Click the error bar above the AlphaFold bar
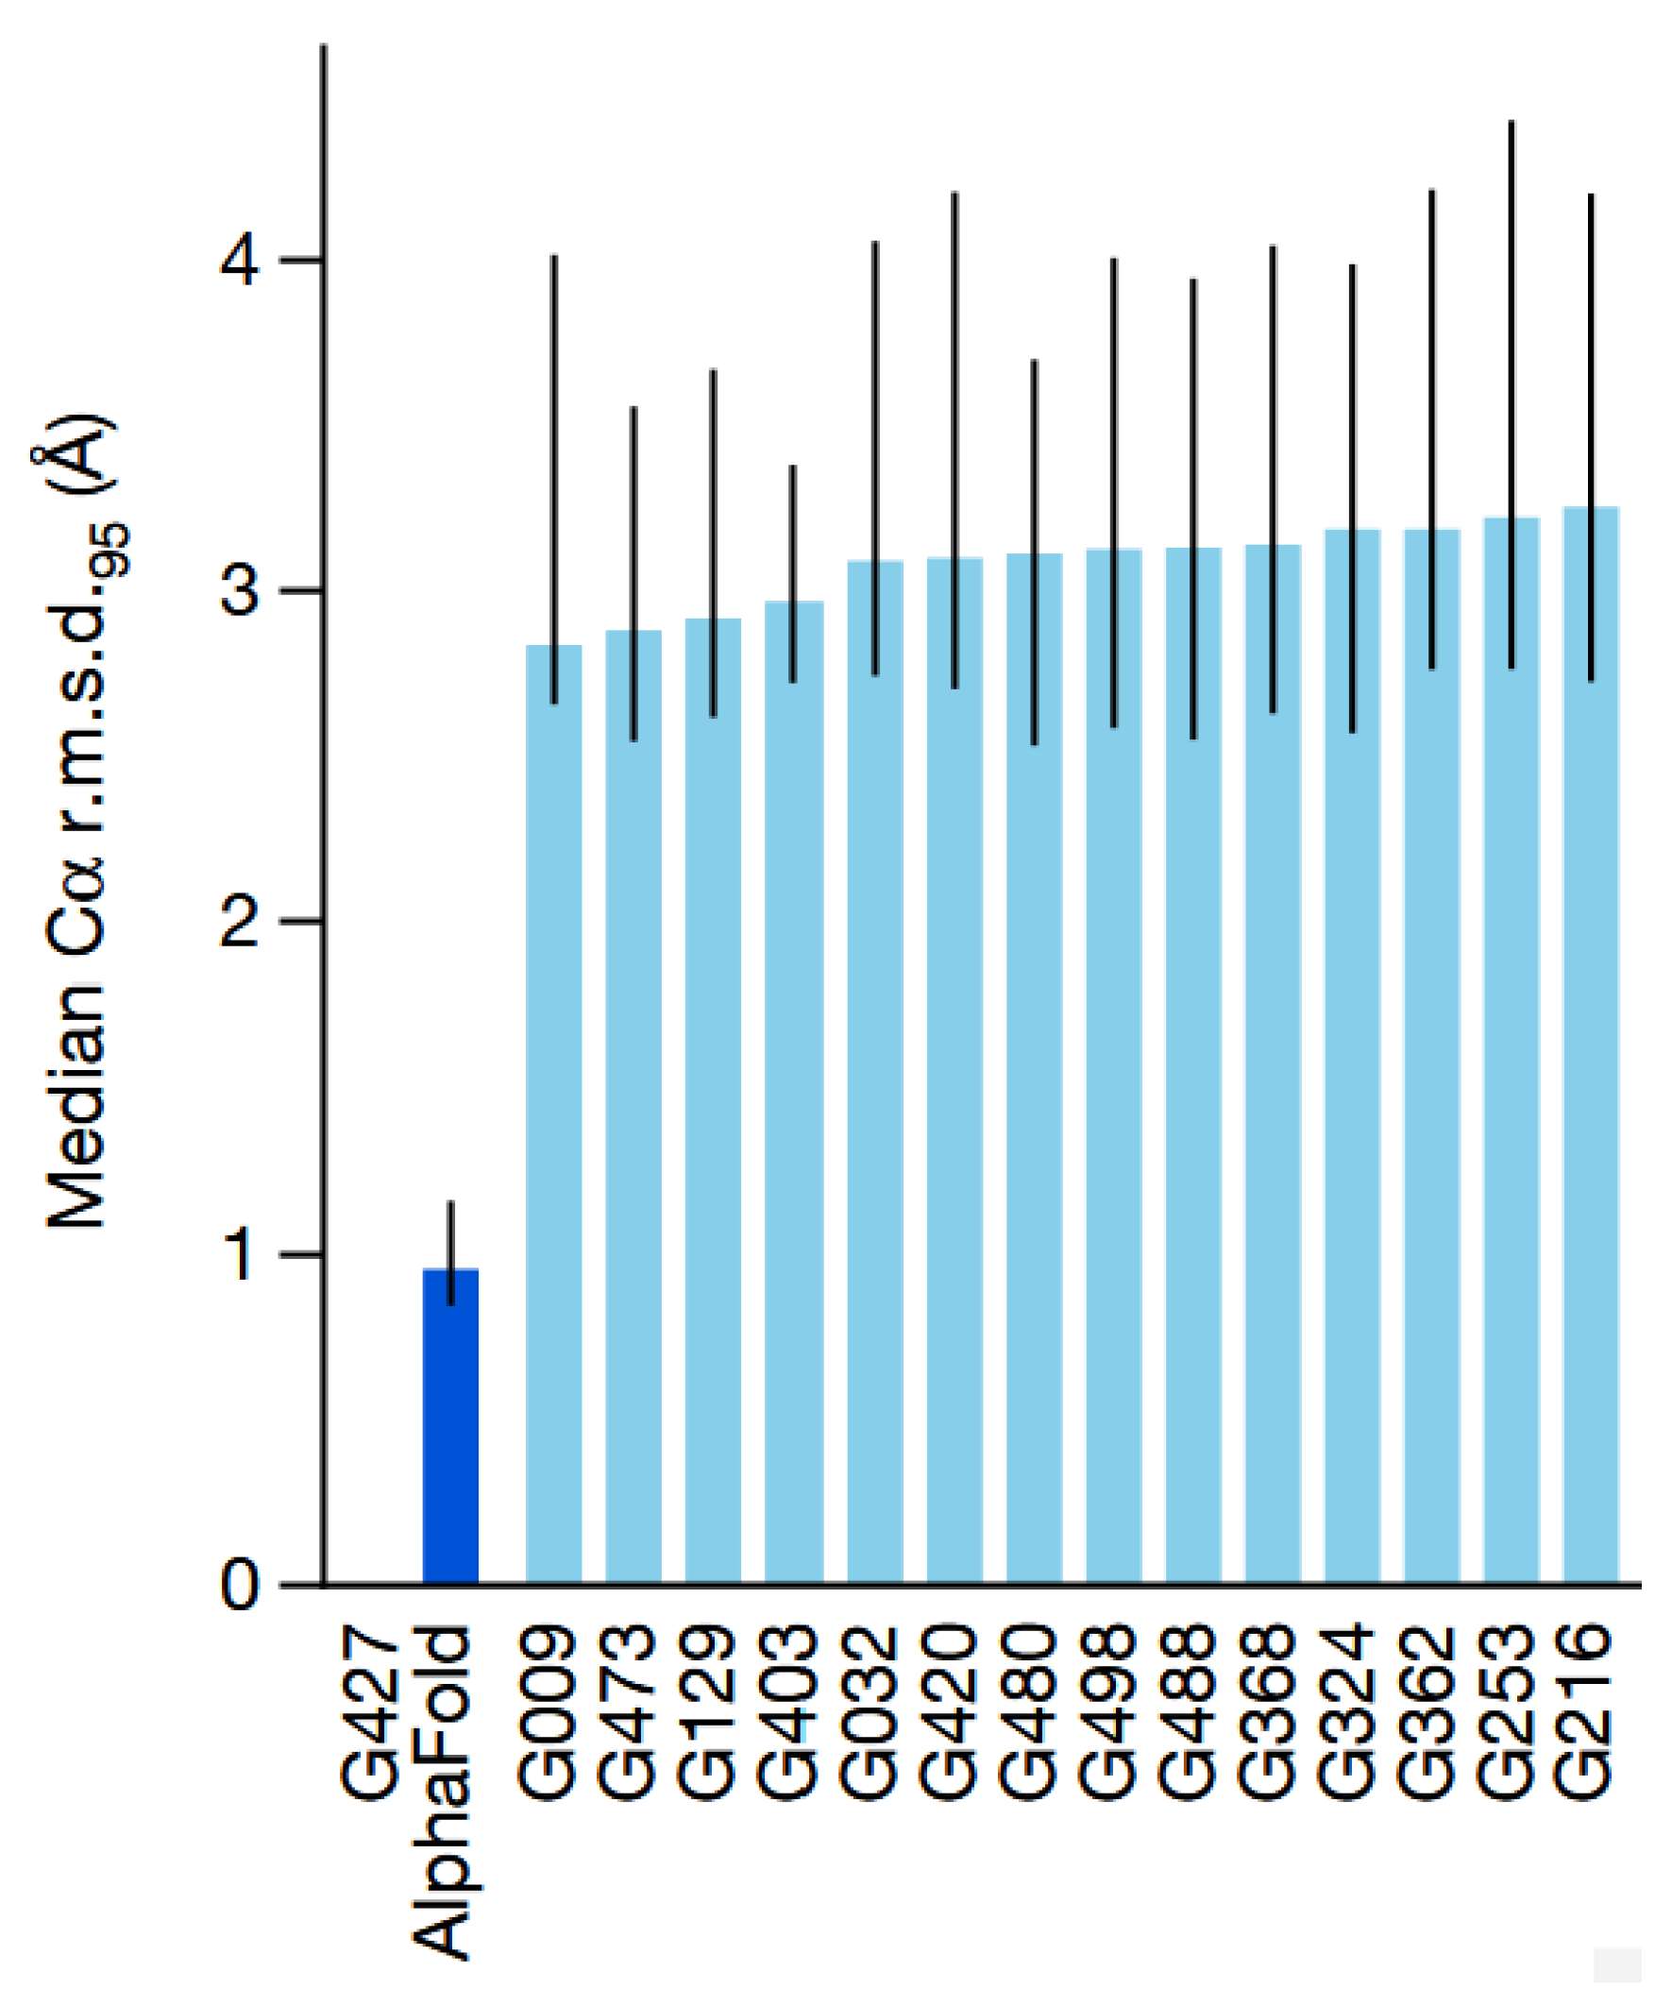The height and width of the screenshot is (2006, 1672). click(450, 1232)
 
